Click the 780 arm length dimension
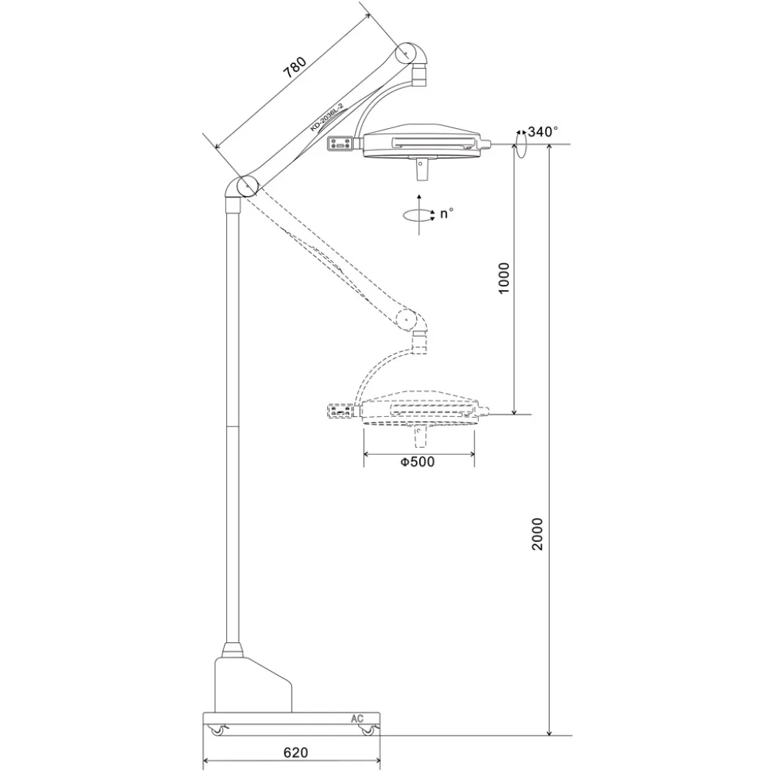(295, 68)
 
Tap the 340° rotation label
(543, 131)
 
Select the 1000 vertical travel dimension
(504, 278)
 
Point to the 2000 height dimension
(537, 534)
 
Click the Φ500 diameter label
(417, 461)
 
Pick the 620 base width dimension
(296, 752)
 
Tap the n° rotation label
(446, 213)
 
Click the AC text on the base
(357, 718)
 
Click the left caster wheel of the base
(216, 731)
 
